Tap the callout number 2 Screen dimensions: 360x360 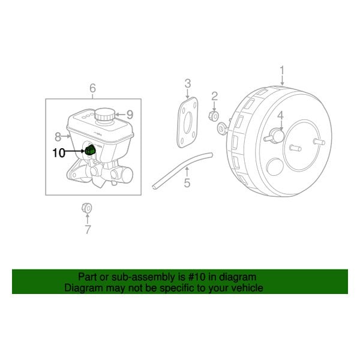(x=214, y=96)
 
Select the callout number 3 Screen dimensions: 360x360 (x=187, y=83)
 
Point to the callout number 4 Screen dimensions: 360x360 (x=280, y=116)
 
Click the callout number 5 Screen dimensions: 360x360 (x=187, y=182)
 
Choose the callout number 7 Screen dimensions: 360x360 (x=88, y=229)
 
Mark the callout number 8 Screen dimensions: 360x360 (x=58, y=136)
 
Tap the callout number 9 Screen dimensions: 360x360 (x=129, y=114)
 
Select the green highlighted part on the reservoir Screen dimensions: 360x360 (x=90, y=149)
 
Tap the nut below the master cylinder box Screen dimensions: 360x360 (x=85, y=208)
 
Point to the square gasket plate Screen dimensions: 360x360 (x=187, y=122)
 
